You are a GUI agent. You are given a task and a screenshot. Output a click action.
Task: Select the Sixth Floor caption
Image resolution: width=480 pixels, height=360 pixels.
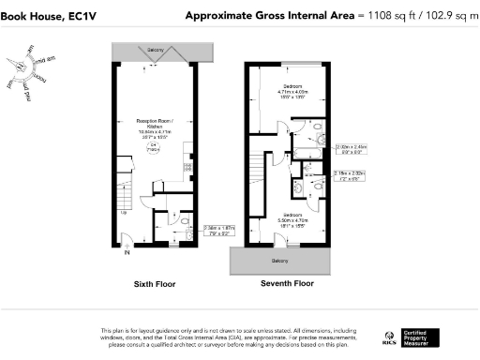coord(154,282)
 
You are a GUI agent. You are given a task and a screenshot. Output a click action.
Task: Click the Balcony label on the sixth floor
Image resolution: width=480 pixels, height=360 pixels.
coord(153,48)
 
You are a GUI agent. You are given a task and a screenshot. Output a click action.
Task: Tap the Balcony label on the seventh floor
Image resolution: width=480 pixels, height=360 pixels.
coord(279,260)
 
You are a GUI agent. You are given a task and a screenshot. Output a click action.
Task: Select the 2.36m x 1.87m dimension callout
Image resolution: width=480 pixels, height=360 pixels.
coord(219,231)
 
